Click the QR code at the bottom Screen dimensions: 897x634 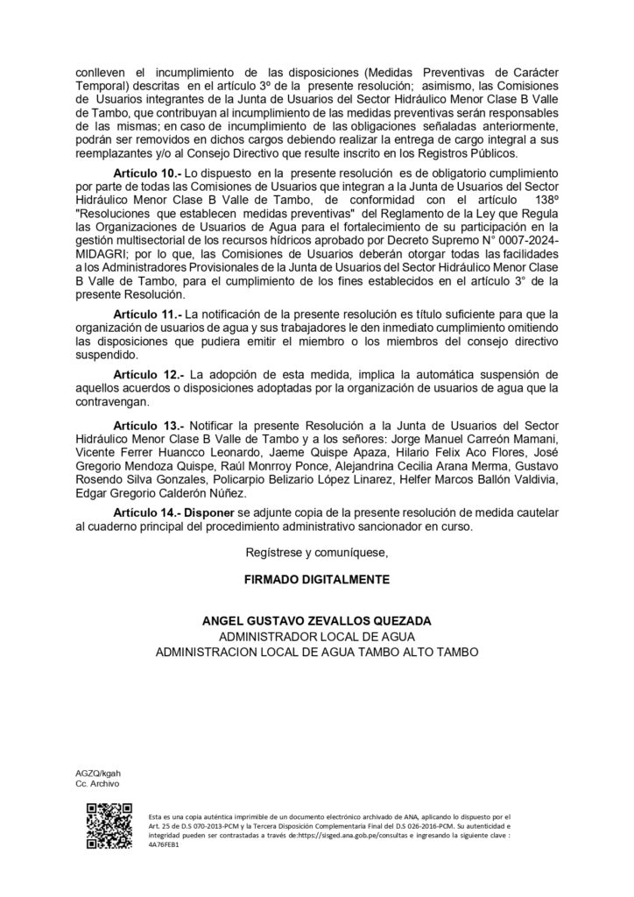[102, 828]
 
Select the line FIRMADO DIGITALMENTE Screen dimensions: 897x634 [317, 580]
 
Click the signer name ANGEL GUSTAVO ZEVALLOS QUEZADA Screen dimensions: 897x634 [317, 621]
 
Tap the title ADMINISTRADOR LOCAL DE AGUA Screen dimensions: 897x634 [317, 636]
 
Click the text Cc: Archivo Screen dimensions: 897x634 [96, 783]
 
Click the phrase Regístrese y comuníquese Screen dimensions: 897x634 [317, 554]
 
